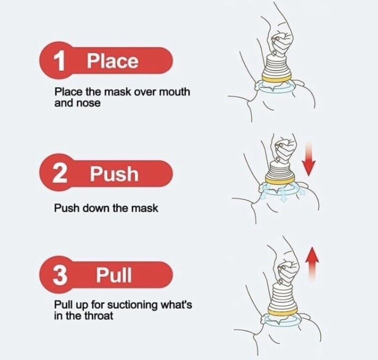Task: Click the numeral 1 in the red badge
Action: [x=59, y=61]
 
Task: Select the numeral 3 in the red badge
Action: [x=60, y=275]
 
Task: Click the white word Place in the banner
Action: [x=113, y=61]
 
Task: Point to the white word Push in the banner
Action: [x=114, y=173]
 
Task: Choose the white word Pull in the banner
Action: [x=114, y=275]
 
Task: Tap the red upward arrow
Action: [x=312, y=264]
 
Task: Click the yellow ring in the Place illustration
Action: [x=277, y=78]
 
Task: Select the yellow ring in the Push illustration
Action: [x=280, y=179]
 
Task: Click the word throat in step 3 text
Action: [x=99, y=316]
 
